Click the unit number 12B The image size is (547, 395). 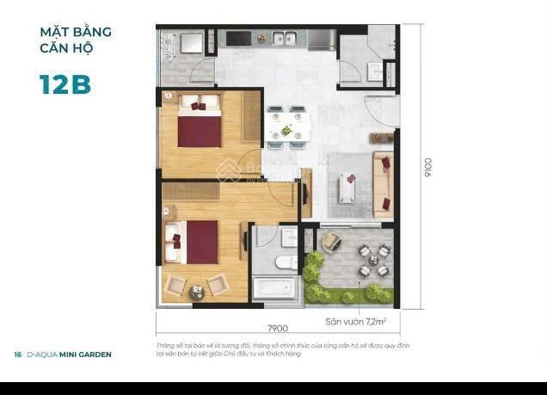[65, 84]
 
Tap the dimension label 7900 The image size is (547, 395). [276, 328]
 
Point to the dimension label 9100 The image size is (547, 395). [427, 168]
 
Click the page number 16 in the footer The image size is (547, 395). [17, 355]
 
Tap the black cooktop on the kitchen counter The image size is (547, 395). [240, 38]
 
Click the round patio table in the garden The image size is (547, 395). [372, 261]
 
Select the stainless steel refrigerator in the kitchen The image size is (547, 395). [323, 39]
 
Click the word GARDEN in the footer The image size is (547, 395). [95, 355]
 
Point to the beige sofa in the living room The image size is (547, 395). [380, 177]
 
